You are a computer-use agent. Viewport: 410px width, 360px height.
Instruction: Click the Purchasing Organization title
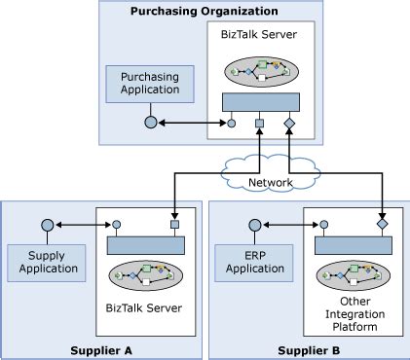pos(204,11)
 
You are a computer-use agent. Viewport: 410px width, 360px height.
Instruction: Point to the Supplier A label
pos(100,348)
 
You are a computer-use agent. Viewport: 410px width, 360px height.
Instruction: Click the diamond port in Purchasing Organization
pos(288,124)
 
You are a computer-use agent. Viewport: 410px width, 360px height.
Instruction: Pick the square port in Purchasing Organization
pos(260,124)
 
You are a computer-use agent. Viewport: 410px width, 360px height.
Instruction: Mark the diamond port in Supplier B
pos(381,225)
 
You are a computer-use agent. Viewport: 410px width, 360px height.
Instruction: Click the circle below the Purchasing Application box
pos(150,123)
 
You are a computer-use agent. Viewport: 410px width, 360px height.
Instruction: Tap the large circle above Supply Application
pos(47,226)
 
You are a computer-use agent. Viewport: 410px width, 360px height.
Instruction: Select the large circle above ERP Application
pos(255,226)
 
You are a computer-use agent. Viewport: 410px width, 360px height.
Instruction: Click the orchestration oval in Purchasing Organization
pos(260,72)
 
